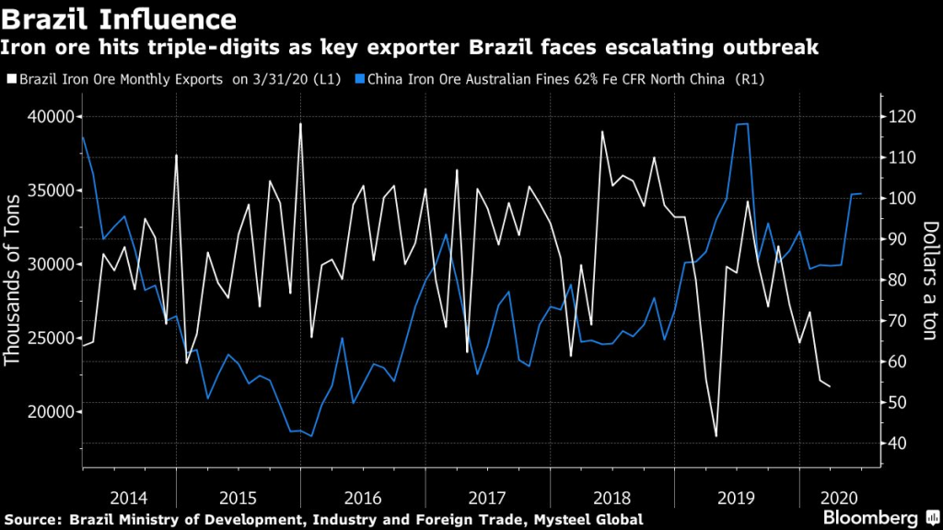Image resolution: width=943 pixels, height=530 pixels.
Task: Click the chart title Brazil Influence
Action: [119, 17]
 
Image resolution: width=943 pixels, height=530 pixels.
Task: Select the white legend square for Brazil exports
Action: [9, 80]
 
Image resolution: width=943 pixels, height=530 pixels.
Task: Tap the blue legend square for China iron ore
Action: [360, 80]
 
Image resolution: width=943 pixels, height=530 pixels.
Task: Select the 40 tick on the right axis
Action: [900, 444]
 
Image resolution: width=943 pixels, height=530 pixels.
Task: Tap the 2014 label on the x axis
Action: [128, 498]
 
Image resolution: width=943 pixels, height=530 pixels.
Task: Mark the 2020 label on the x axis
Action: [842, 498]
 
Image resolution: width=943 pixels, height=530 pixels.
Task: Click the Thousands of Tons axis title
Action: [14, 281]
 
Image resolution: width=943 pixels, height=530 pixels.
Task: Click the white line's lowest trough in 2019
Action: [716, 436]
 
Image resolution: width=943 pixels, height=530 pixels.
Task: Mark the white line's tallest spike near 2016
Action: [300, 123]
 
